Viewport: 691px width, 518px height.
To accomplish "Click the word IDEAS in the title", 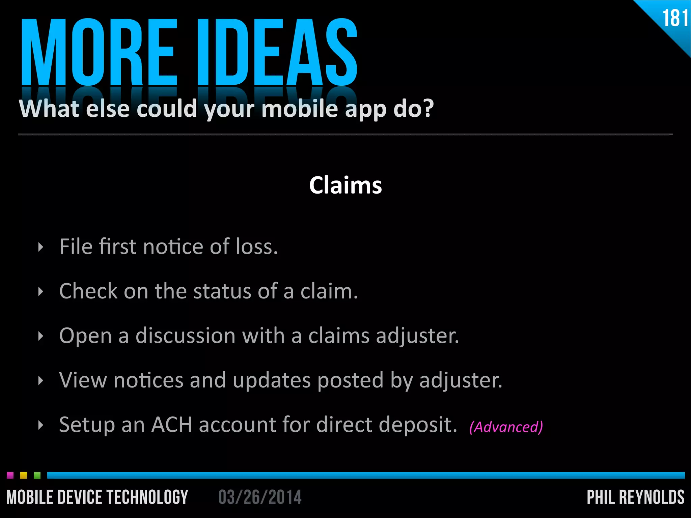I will click(x=277, y=52).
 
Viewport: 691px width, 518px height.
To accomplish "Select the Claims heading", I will click(x=345, y=185).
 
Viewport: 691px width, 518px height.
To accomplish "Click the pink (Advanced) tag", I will click(x=506, y=427).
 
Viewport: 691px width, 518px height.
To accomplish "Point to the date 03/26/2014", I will click(x=260, y=497).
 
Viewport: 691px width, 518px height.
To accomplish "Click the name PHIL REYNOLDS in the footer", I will click(x=636, y=497).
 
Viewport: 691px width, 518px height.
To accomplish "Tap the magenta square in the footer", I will click(x=10, y=476).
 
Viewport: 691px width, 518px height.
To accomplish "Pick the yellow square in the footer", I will click(x=24, y=476).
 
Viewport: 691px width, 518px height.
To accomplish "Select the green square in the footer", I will click(x=37, y=476).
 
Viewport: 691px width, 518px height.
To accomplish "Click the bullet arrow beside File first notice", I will click(x=41, y=247).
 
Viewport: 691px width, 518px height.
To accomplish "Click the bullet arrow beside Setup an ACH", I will click(x=41, y=425).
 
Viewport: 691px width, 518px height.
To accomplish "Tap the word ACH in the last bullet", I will click(x=171, y=425).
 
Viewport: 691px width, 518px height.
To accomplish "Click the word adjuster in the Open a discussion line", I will click(x=417, y=336).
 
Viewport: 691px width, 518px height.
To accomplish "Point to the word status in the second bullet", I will click(x=222, y=291).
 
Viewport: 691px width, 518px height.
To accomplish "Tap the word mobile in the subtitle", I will click(x=300, y=109).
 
